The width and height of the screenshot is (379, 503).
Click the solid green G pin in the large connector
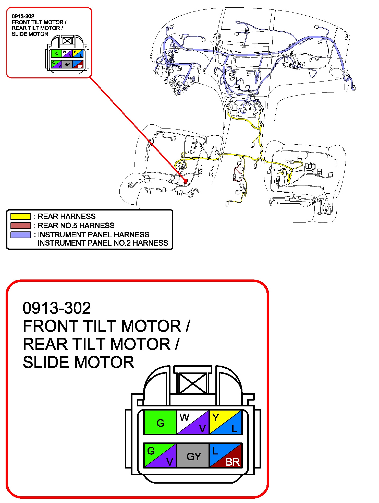[160, 423]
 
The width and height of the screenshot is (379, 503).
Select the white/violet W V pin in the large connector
[193, 423]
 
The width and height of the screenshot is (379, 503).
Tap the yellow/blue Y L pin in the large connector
[225, 423]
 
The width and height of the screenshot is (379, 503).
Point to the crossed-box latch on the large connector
[193, 383]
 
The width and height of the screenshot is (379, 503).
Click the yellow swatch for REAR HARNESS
[21, 217]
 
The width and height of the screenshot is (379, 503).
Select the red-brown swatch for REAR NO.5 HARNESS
[21, 226]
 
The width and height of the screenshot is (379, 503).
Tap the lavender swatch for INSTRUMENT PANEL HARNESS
[21, 235]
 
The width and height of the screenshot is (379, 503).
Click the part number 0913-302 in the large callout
[57, 308]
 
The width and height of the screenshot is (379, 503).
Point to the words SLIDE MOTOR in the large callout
[78, 362]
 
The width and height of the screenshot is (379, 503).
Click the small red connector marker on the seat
[186, 181]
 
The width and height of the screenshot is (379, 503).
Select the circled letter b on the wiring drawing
[261, 122]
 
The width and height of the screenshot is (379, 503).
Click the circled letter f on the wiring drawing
[156, 73]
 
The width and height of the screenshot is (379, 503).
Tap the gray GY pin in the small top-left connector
[67, 64]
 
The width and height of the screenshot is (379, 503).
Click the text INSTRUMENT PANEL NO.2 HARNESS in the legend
[103, 243]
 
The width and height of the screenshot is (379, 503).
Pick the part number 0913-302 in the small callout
[23, 17]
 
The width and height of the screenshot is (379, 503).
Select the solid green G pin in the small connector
[56, 53]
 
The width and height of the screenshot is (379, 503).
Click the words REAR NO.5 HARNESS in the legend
[76, 226]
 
